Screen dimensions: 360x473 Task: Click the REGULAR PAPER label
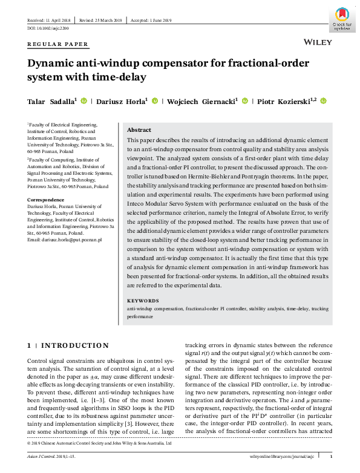pyautogui.click(x=58, y=44)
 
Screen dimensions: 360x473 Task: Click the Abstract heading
pyautogui.click(x=139, y=130)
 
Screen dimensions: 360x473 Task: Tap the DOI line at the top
pyautogui.click(x=48, y=28)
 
